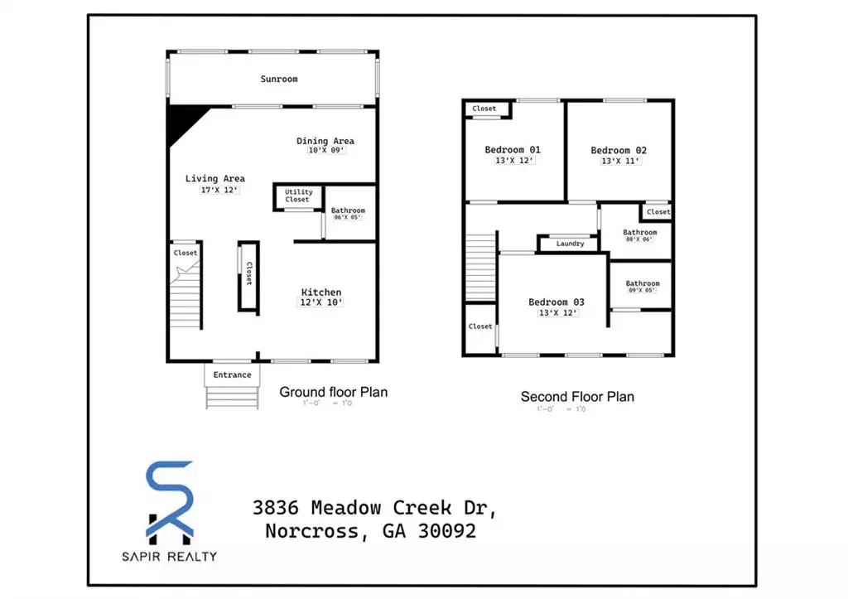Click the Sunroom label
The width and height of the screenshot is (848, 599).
279,80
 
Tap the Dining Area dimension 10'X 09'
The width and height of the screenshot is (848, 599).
325,151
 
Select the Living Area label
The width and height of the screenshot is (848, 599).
214,178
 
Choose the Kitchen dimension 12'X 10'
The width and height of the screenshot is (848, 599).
321,303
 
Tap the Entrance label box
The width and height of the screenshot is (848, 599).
232,375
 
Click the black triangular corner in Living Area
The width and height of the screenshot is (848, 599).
183,121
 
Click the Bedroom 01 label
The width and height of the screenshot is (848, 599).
513,150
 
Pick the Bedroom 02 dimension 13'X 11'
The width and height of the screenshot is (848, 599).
619,161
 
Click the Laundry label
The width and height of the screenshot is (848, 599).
570,244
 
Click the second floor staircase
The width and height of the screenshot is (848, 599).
480,267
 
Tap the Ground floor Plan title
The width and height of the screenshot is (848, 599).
333,392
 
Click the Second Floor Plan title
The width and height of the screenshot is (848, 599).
577,397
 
